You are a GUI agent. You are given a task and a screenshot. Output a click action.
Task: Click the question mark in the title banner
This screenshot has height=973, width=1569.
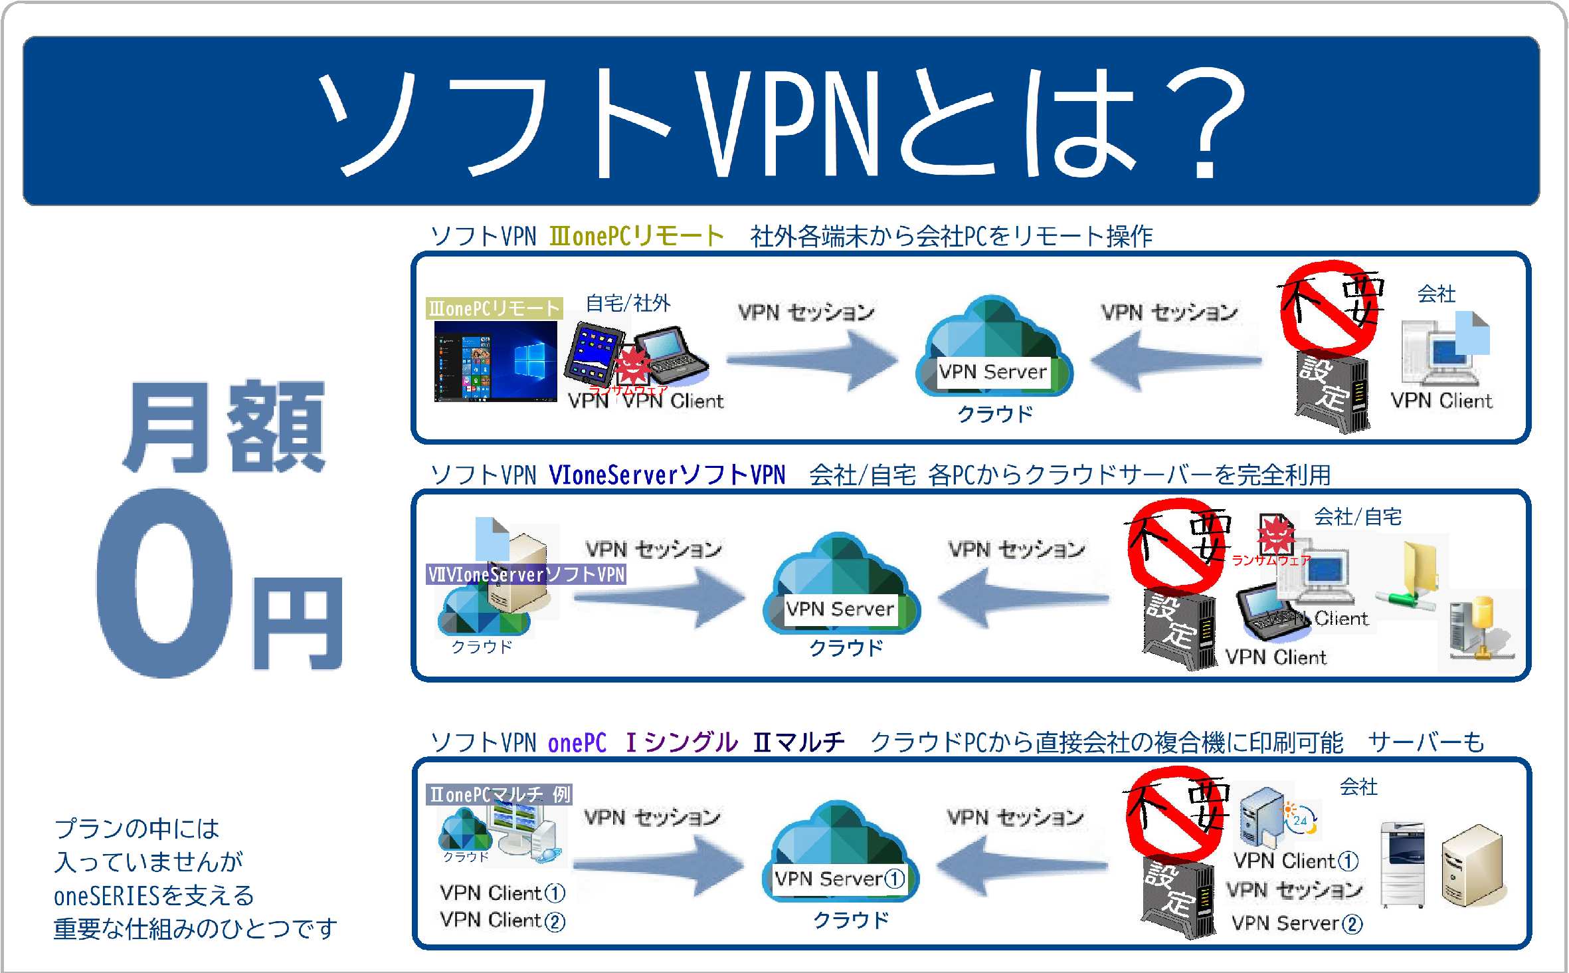pyautogui.click(x=1204, y=123)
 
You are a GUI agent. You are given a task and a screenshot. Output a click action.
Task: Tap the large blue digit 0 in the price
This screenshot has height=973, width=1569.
pyautogui.click(x=166, y=584)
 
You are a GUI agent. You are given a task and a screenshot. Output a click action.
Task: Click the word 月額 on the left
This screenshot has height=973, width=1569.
pyautogui.click(x=225, y=427)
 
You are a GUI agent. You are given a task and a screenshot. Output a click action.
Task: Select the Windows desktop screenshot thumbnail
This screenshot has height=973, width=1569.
pyautogui.click(x=496, y=362)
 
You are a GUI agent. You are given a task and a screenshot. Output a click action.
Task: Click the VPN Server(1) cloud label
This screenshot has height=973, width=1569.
pyautogui.click(x=840, y=879)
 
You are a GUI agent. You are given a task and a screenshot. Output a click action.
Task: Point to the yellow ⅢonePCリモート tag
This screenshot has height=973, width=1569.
pyautogui.click(x=494, y=308)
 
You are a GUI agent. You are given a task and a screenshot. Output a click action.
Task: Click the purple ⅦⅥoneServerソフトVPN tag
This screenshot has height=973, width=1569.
pyautogui.click(x=526, y=574)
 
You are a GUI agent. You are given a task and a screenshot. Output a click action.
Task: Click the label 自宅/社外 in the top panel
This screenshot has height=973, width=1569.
pyautogui.click(x=628, y=303)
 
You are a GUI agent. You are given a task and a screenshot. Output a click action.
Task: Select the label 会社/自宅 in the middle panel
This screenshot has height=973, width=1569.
pyautogui.click(x=1358, y=516)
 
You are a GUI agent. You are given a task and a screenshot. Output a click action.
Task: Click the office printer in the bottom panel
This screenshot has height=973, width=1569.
pyautogui.click(x=1402, y=864)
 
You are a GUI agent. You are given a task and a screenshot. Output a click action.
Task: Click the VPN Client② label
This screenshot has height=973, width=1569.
pyautogui.click(x=502, y=920)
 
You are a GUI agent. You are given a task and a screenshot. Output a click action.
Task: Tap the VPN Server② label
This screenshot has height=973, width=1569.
pyautogui.click(x=1296, y=923)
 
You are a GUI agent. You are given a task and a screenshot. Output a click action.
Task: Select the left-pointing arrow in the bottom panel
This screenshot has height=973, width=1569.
pyautogui.click(x=1022, y=865)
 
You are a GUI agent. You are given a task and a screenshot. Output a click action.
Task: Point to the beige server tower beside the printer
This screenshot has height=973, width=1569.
pyautogui.click(x=1471, y=865)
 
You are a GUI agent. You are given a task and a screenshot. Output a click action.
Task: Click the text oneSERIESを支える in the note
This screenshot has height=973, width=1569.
pyautogui.click(x=154, y=896)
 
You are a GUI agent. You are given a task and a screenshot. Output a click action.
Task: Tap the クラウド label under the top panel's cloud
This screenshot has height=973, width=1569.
pyautogui.click(x=994, y=414)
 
